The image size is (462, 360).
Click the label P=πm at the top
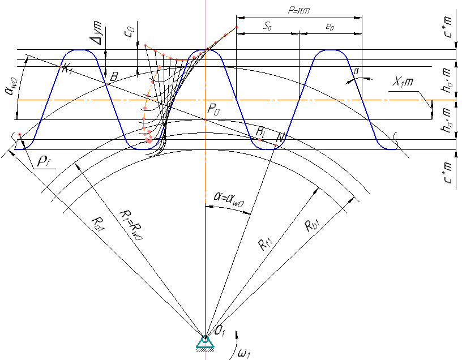[x=299, y=10]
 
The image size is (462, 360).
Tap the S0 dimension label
[x=267, y=26]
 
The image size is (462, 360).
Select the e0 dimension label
[x=330, y=26]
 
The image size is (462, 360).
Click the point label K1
[x=68, y=69]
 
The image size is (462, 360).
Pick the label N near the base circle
[x=280, y=138]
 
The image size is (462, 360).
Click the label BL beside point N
[x=261, y=132]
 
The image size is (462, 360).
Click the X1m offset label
[x=403, y=82]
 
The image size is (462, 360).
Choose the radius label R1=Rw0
[x=127, y=215]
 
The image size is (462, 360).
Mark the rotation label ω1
[x=243, y=354]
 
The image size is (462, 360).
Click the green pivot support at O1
[x=204, y=342]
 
